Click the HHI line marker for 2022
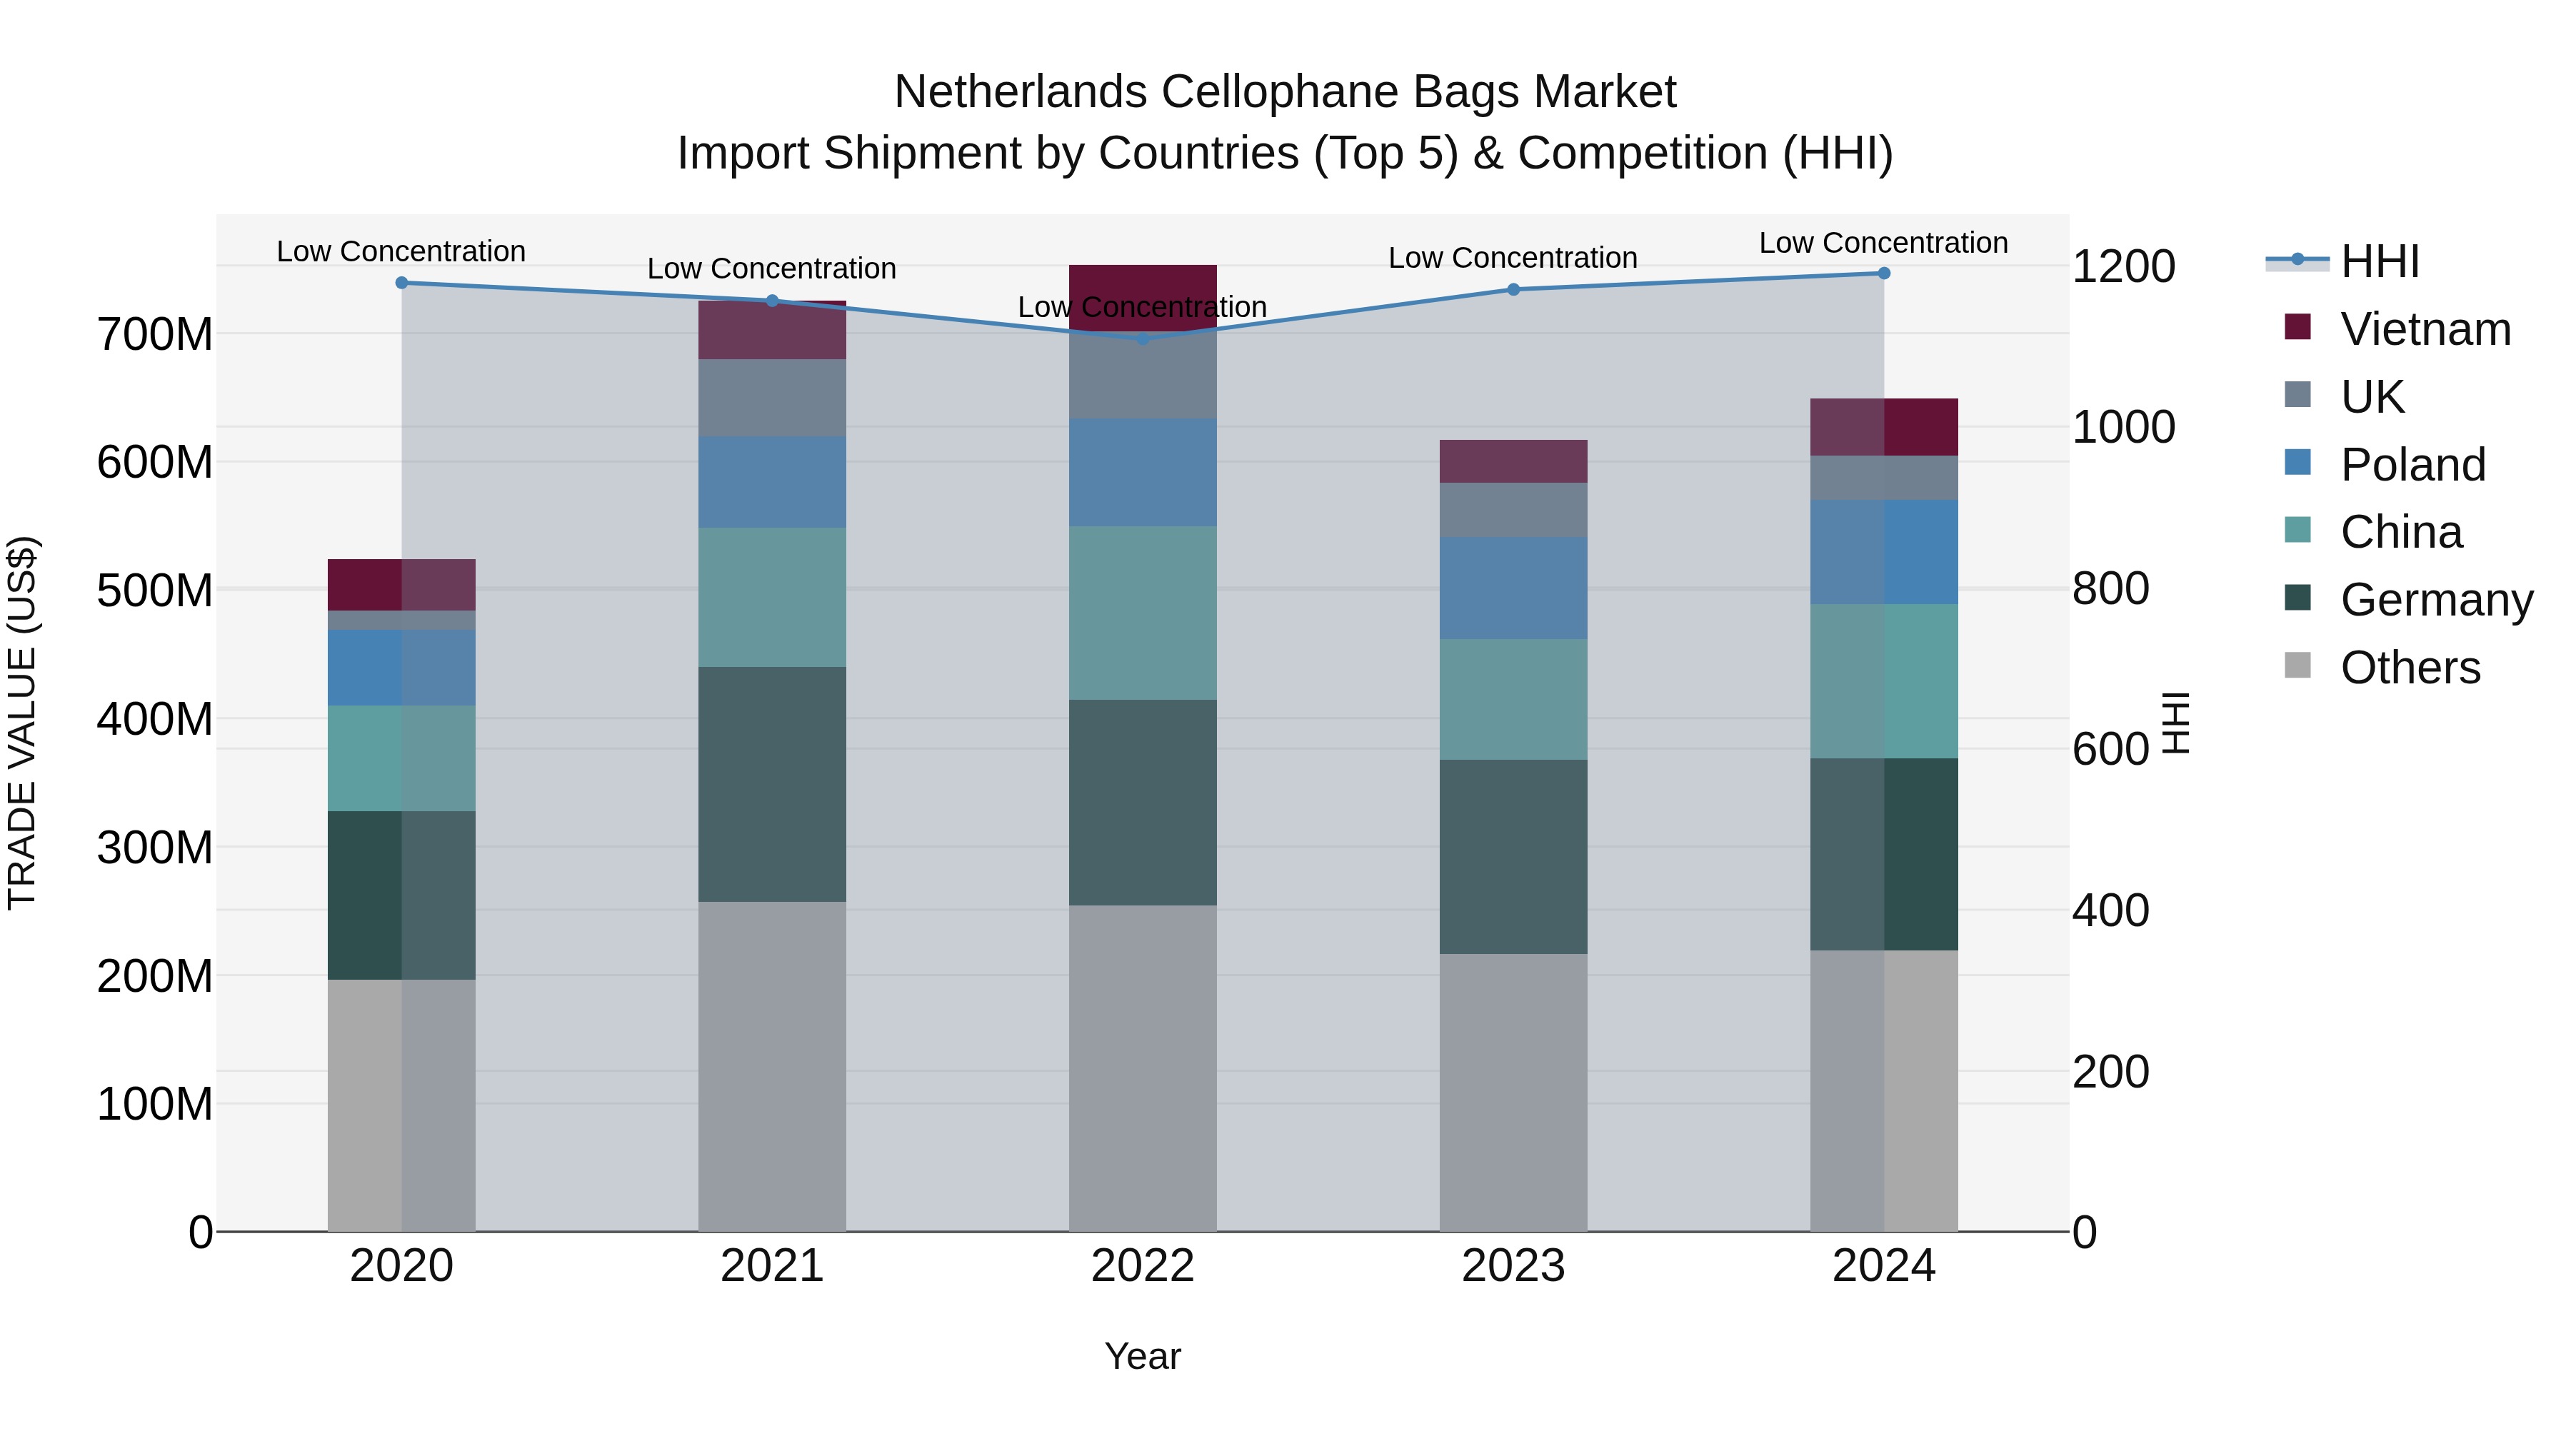[x=1143, y=338]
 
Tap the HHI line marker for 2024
[x=1883, y=273]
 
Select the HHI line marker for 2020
[x=401, y=282]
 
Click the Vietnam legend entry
[x=2425, y=329]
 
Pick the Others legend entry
[x=2410, y=668]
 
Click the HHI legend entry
[x=2380, y=261]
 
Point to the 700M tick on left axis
[x=155, y=334]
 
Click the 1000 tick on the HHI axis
[x=2123, y=427]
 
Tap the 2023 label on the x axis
[x=1513, y=1266]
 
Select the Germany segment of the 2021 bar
[x=771, y=783]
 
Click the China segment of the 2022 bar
[x=1143, y=612]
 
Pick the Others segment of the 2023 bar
[x=1513, y=1092]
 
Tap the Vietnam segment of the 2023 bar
[x=1513, y=461]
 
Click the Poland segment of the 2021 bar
[x=771, y=481]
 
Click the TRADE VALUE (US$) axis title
[x=22, y=723]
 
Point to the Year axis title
[x=1142, y=1356]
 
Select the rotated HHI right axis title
[x=2176, y=723]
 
